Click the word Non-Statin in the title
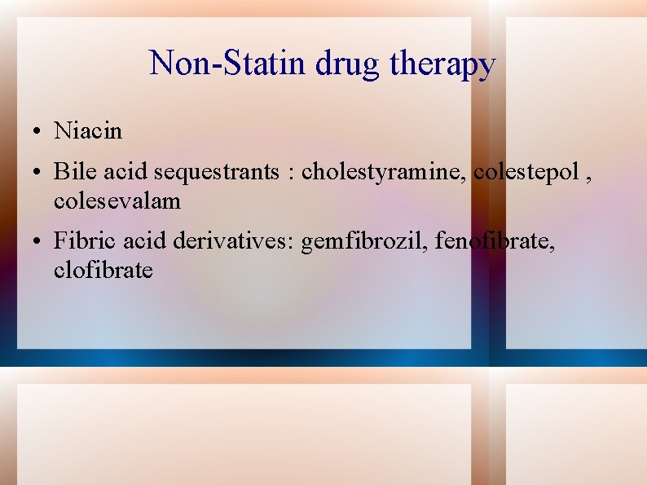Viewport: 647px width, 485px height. tap(211, 63)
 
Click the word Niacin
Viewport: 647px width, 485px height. tap(87, 130)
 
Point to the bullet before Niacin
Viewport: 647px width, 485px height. tap(38, 131)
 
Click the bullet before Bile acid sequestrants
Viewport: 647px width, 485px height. tap(38, 173)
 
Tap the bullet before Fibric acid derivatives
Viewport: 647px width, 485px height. tap(38, 242)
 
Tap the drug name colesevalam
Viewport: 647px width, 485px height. tap(117, 200)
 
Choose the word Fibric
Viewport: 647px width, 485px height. tap(77, 241)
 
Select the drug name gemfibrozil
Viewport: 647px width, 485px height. tap(364, 241)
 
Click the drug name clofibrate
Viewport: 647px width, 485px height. tap(103, 269)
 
